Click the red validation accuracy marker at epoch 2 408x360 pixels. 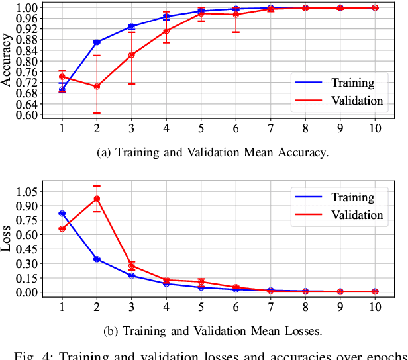point(97,87)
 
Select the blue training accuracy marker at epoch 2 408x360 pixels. point(97,42)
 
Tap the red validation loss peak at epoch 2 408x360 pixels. point(97,199)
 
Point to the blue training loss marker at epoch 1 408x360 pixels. point(62,214)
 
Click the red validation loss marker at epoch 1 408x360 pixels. point(62,228)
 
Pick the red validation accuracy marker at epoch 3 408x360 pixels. point(131,55)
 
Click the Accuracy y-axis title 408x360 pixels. point(7,61)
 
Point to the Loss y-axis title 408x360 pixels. point(7,241)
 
